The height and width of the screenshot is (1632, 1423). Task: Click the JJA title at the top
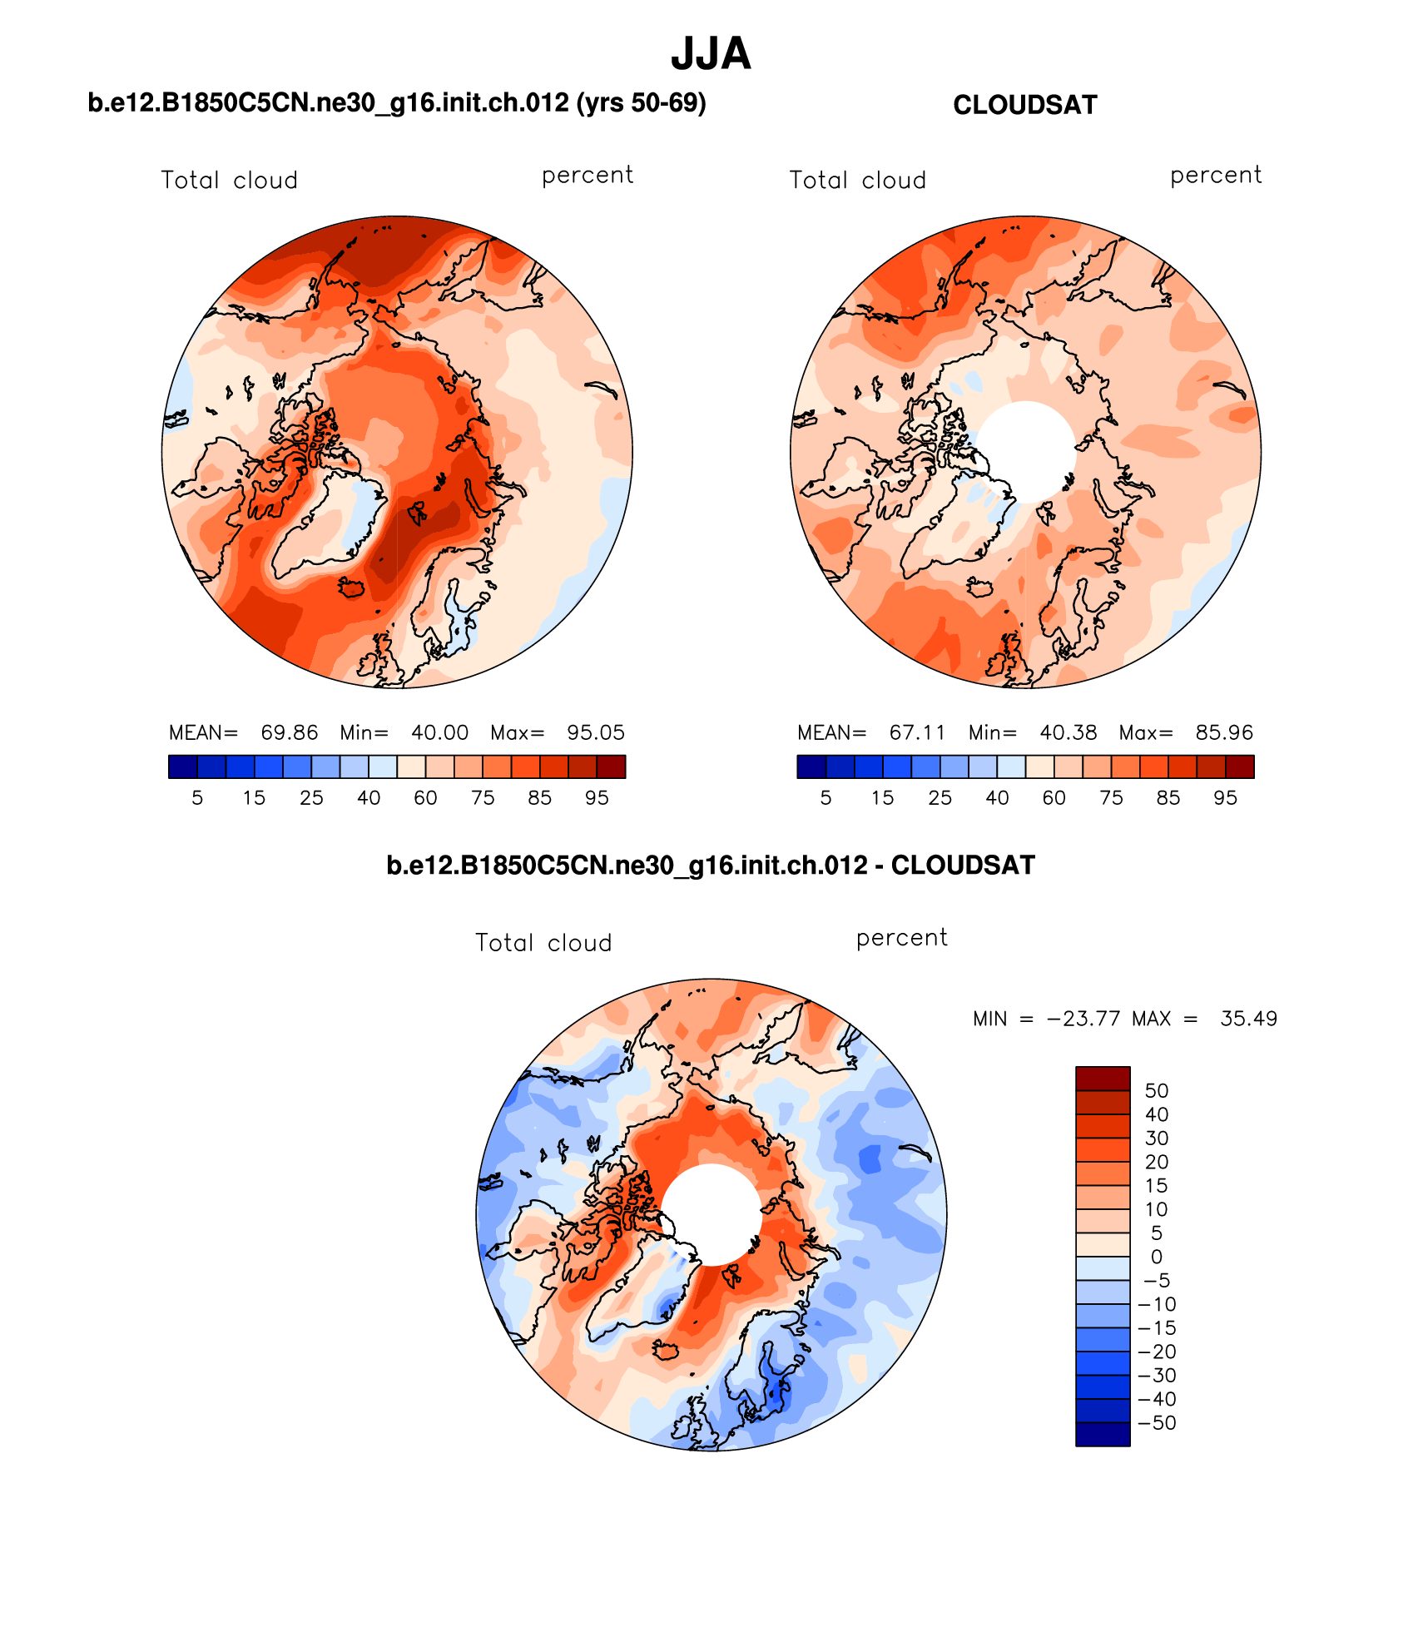coord(711,54)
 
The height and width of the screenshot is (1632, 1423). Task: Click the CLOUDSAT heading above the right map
coord(1024,105)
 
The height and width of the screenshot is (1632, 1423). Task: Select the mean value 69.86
coord(289,732)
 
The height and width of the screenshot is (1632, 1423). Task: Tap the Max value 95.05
coord(595,732)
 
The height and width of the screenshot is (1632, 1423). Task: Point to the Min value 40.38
coord(1068,732)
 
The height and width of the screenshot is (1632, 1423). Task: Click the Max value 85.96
coord(1223,732)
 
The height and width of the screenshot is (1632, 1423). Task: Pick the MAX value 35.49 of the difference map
coord(1248,1019)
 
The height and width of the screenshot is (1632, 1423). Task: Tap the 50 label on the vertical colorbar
coord(1156,1090)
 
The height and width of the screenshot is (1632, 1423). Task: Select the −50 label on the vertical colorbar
coord(1156,1422)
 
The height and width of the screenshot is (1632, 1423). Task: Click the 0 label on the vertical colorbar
coord(1156,1257)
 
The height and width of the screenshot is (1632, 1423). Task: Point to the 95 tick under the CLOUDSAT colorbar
coord(1225,798)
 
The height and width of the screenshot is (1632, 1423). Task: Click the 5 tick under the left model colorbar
coord(197,798)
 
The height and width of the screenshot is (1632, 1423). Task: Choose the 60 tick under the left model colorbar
coord(425,798)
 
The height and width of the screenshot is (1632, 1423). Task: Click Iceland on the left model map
coord(351,588)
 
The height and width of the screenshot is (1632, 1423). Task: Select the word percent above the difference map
coord(901,938)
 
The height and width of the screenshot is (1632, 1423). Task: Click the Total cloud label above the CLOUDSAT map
coord(857,180)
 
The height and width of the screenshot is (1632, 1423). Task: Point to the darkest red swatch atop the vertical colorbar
coord(1103,1078)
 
